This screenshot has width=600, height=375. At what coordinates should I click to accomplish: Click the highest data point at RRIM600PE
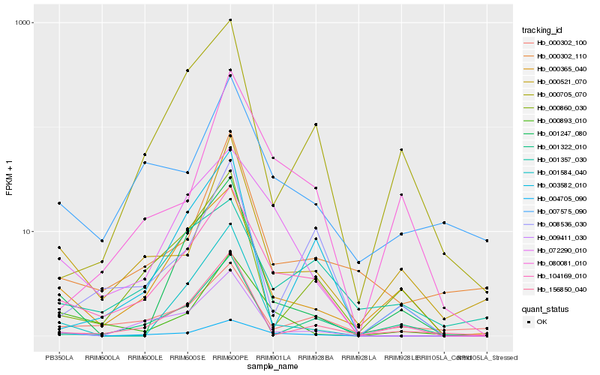click(x=230, y=19)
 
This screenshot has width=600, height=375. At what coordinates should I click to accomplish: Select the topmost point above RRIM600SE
click(x=187, y=70)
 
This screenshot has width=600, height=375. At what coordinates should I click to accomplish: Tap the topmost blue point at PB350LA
click(x=58, y=203)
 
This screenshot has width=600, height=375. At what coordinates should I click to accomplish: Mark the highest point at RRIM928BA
click(x=316, y=124)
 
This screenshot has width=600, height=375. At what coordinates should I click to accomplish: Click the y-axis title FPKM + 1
click(x=10, y=182)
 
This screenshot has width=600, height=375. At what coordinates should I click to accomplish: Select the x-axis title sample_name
click(x=273, y=367)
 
